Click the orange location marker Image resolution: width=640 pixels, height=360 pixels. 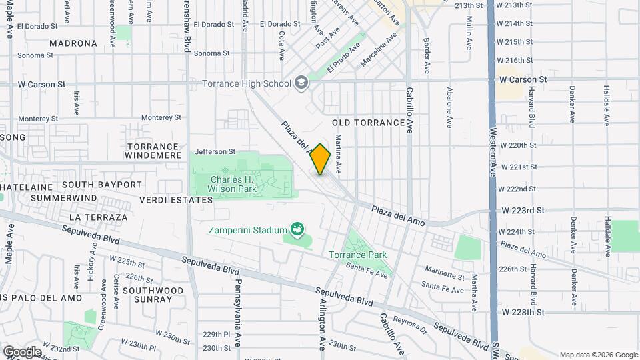[x=321, y=159]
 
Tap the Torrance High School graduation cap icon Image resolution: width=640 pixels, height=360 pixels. [x=301, y=83]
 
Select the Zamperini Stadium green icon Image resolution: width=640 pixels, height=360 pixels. [x=298, y=231]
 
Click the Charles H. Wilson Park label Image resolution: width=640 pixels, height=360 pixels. [x=242, y=184]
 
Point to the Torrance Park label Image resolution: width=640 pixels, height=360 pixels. [x=357, y=255]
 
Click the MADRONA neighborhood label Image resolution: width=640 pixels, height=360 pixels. [x=73, y=43]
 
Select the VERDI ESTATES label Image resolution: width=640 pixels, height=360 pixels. [x=176, y=200]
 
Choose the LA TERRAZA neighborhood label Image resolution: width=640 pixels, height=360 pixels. [x=97, y=217]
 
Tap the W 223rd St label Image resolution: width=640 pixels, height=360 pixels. [x=523, y=210]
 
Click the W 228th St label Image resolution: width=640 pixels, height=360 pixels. [x=523, y=311]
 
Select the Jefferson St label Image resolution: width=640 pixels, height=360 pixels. [x=215, y=151]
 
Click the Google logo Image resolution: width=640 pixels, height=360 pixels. [x=22, y=351]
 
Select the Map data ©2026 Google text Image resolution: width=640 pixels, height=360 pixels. [x=598, y=355]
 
